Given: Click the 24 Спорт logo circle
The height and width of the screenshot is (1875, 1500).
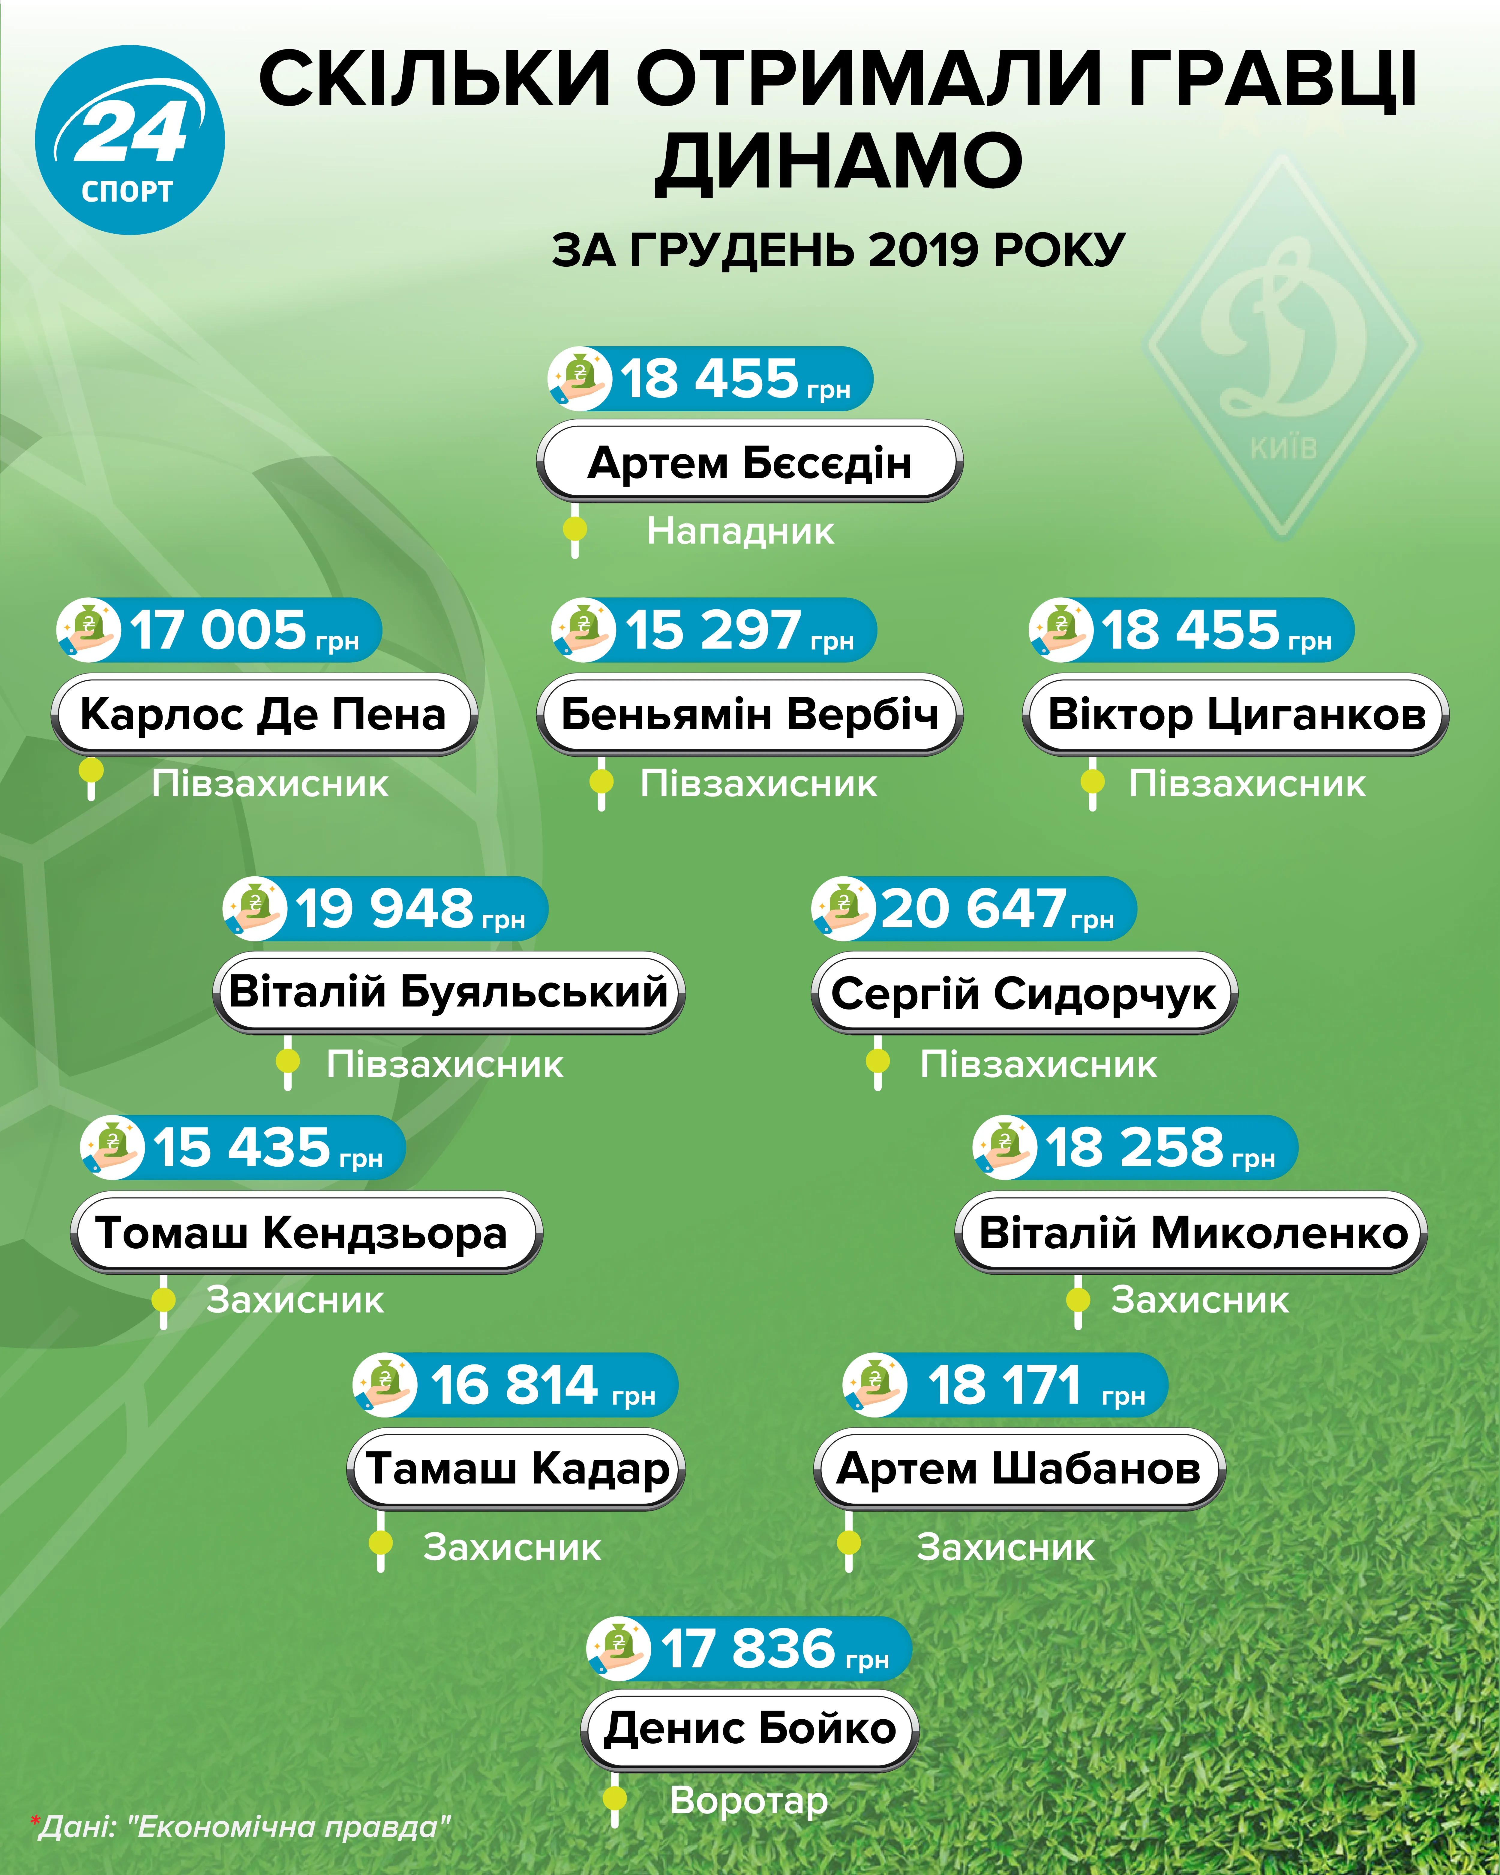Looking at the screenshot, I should click(130, 140).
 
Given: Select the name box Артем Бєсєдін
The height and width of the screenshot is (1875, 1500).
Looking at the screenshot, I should click(750, 462).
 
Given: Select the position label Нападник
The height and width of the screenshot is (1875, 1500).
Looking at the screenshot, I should click(740, 530).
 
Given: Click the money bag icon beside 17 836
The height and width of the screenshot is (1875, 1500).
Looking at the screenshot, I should click(618, 1648).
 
